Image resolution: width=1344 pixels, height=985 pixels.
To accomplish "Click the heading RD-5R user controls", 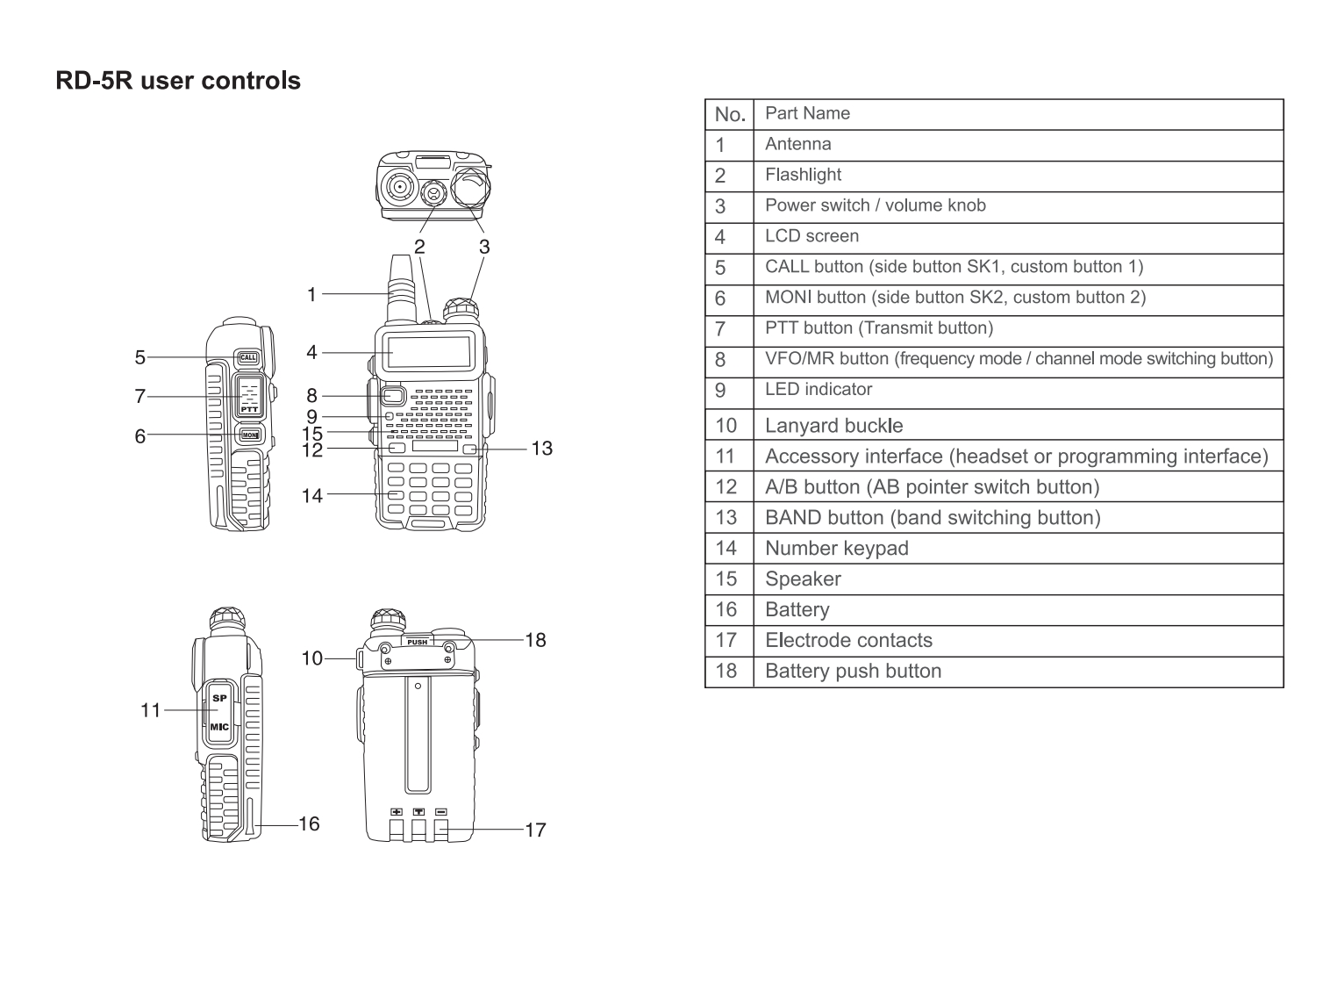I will [x=178, y=81].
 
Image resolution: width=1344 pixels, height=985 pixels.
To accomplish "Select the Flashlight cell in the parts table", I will [x=803, y=175].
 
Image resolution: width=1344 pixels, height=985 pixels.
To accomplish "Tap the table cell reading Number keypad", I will [x=836, y=549].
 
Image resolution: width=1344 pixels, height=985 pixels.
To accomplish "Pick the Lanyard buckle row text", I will [x=833, y=426].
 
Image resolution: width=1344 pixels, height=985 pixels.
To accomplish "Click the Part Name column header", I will [x=807, y=113].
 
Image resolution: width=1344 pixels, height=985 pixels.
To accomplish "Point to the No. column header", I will [x=730, y=114].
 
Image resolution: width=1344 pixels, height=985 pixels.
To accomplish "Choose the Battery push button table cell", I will [x=853, y=672].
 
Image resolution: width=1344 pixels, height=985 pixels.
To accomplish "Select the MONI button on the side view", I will [x=250, y=435].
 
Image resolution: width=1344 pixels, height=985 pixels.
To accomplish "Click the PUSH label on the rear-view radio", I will [x=418, y=642].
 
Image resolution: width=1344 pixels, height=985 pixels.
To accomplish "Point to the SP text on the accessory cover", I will [x=219, y=698].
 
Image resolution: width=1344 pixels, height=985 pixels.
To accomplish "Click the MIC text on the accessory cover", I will [x=219, y=726].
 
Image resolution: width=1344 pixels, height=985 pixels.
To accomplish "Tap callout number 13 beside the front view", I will [x=542, y=449].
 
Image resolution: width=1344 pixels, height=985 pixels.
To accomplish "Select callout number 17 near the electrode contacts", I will [x=535, y=830].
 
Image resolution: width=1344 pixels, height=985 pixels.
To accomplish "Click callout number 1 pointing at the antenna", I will [x=311, y=294].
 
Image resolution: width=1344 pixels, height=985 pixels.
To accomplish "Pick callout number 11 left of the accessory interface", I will [x=151, y=710].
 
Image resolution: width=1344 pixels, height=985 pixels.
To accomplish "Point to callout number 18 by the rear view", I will [x=535, y=640].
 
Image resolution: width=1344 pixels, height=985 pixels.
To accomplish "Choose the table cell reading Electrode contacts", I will [x=848, y=641].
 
